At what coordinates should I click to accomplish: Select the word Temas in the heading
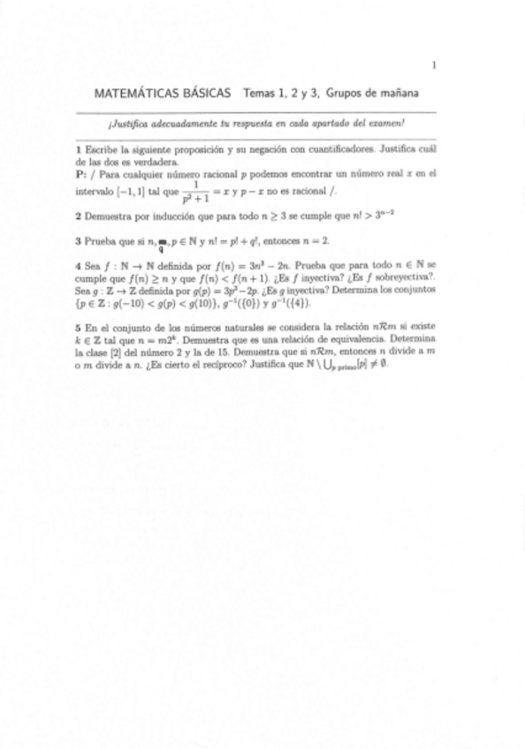[260, 92]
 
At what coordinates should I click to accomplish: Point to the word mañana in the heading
[397, 92]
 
